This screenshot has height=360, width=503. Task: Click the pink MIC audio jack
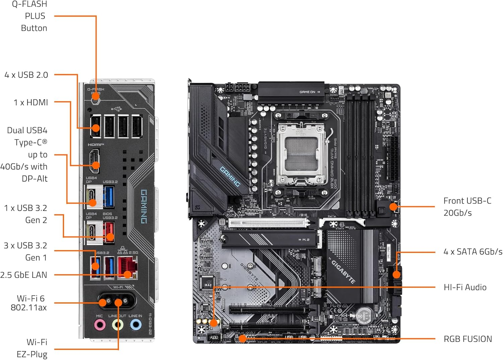[x=100, y=325]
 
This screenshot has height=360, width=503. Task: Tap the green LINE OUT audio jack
[x=117, y=325]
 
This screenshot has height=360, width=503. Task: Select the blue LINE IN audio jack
[x=135, y=324]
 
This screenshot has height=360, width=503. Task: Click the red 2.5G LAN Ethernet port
[x=127, y=267]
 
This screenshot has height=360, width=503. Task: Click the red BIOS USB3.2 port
[x=109, y=231]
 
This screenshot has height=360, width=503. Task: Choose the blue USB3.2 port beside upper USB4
[x=109, y=196]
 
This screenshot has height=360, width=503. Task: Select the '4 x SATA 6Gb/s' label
[x=472, y=252]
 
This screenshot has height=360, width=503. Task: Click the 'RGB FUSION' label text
[x=467, y=339]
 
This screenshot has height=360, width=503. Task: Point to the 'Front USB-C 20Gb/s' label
[x=467, y=207]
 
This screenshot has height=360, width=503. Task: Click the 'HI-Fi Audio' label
[x=465, y=287]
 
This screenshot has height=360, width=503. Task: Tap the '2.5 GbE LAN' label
[x=24, y=275]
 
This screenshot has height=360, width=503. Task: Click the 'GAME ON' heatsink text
[x=308, y=92]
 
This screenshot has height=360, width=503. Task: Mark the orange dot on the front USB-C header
[x=393, y=207]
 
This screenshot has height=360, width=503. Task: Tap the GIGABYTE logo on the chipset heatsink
[x=343, y=271]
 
